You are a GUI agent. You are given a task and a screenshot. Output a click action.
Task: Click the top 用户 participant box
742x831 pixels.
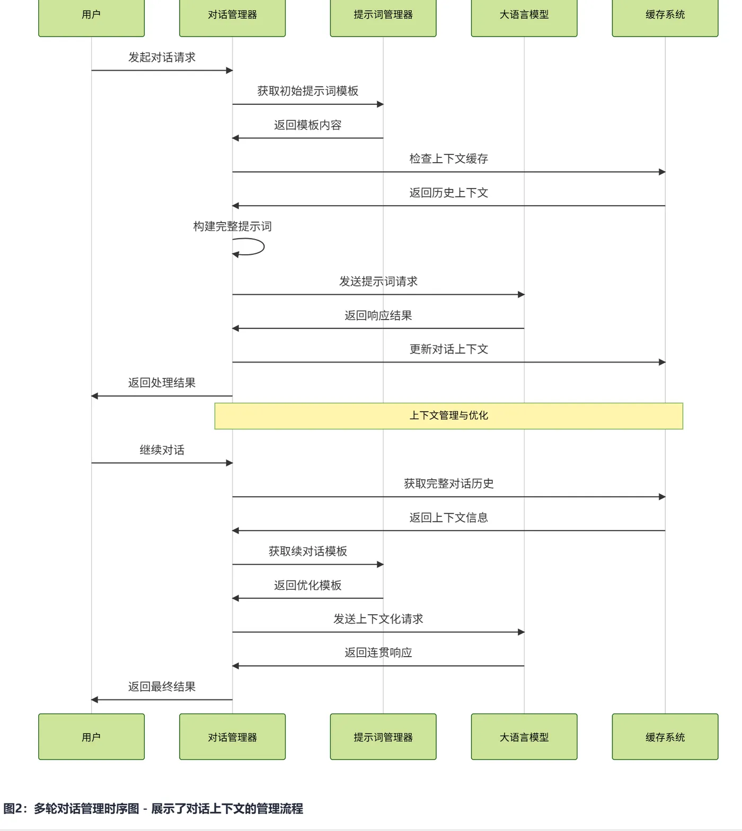(91, 16)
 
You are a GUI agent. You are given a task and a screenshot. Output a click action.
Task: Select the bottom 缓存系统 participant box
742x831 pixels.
(665, 737)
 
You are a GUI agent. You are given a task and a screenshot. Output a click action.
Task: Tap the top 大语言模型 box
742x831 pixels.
(524, 16)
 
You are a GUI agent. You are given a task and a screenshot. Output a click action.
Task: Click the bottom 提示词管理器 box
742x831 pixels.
(383, 737)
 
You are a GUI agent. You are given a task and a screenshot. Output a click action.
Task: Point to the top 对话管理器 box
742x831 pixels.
(232, 16)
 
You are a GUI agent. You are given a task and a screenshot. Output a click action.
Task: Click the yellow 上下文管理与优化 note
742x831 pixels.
(448, 416)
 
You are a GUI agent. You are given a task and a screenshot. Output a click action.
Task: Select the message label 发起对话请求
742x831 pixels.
(162, 57)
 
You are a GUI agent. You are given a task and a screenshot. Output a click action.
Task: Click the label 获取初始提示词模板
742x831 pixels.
(307, 91)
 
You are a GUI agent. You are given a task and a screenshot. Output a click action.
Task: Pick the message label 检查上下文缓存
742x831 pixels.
(448, 158)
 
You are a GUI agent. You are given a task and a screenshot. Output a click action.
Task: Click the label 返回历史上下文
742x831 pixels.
(448, 192)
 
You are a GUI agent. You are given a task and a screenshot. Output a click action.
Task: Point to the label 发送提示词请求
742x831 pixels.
(378, 281)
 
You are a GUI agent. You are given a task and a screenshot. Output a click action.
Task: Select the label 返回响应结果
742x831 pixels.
(378, 315)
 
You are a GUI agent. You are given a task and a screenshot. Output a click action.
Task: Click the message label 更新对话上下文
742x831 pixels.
(448, 349)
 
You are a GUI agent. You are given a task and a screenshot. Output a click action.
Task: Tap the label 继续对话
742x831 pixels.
(162, 450)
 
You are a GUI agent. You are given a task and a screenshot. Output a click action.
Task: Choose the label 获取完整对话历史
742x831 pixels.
(448, 483)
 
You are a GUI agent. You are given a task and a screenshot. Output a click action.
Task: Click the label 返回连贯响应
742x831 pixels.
(378, 652)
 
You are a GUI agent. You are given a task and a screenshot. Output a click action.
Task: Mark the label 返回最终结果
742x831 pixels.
(162, 686)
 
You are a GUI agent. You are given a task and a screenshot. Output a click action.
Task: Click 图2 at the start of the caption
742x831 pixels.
(14, 809)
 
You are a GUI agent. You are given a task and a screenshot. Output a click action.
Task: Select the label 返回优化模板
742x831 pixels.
(307, 585)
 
